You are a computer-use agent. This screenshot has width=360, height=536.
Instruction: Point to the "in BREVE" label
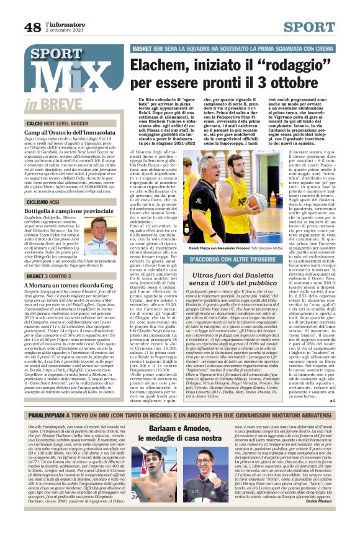coord(47,106)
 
